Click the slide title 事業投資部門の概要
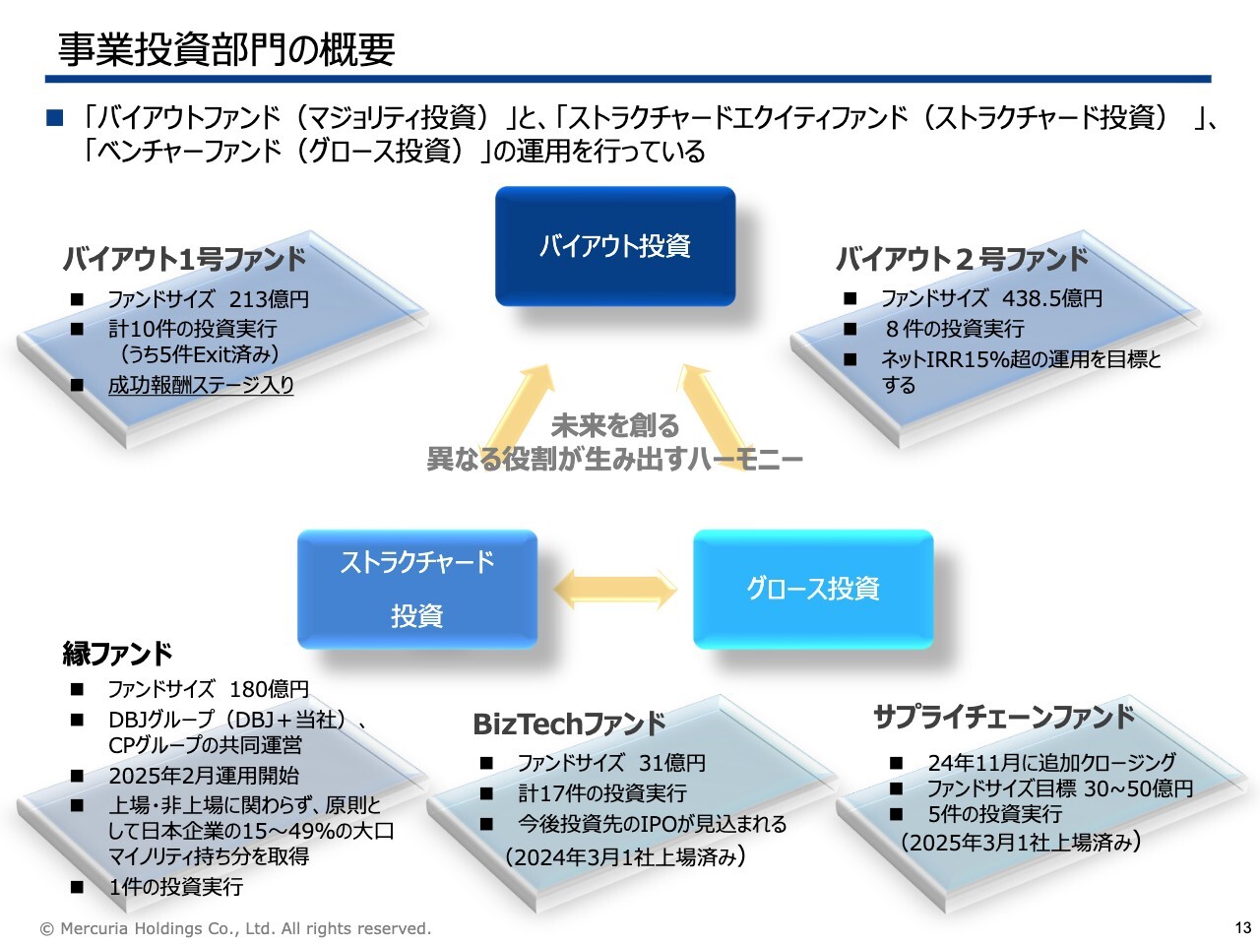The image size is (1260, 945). pyautogui.click(x=226, y=49)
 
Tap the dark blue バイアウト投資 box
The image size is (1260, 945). pyautogui.click(x=615, y=245)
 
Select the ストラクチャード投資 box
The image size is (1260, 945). pyautogui.click(x=417, y=589)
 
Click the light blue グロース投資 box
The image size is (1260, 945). pyautogui.click(x=813, y=589)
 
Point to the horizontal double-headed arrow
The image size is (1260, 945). pyautogui.click(x=615, y=590)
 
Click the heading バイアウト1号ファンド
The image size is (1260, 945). pyautogui.click(x=184, y=259)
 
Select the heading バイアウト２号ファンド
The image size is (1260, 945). pyautogui.click(x=962, y=259)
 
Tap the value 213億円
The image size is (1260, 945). pyautogui.click(x=269, y=299)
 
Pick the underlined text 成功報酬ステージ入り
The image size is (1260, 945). pyautogui.click(x=201, y=385)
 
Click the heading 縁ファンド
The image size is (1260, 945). pyautogui.click(x=118, y=654)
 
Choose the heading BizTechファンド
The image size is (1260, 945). pyautogui.click(x=569, y=724)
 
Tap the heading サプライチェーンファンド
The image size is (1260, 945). pyautogui.click(x=1004, y=718)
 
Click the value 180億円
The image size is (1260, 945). pyautogui.click(x=269, y=688)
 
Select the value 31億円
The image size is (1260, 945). pyautogui.click(x=672, y=763)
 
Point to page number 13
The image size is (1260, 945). pyautogui.click(x=1243, y=928)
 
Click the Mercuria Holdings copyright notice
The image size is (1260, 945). pyautogui.click(x=235, y=928)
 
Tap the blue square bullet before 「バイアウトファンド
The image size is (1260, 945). pyautogui.click(x=54, y=117)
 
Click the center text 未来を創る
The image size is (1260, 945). pyautogui.click(x=615, y=425)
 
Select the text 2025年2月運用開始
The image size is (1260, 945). pyautogui.click(x=204, y=775)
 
